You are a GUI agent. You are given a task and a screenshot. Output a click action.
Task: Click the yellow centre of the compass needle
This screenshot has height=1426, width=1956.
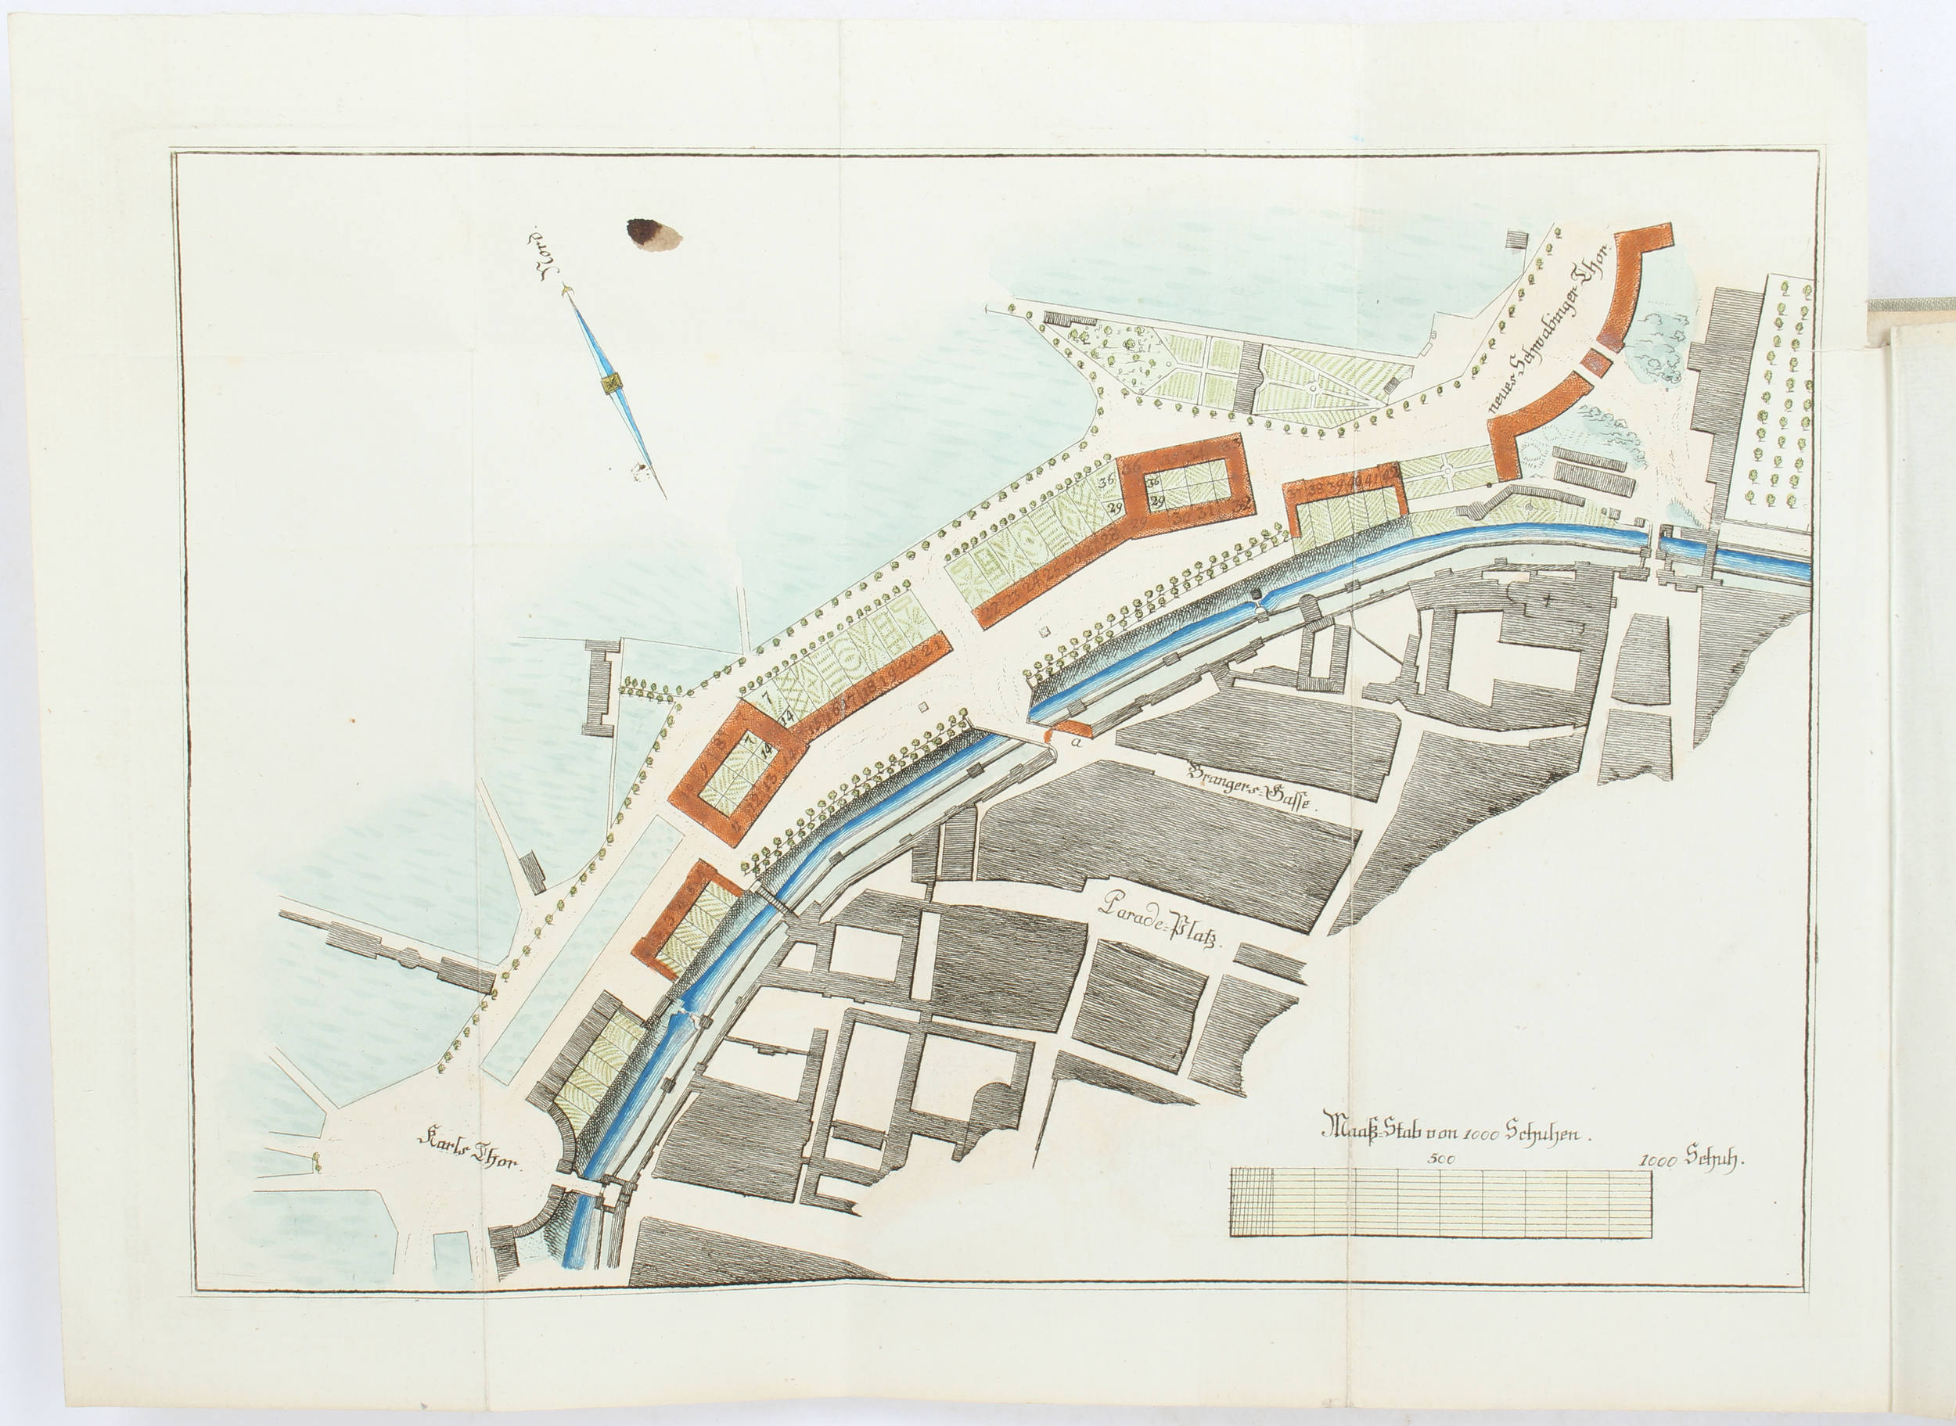click(x=612, y=383)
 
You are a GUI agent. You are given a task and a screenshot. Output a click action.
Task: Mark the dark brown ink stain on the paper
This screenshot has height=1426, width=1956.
click(x=653, y=233)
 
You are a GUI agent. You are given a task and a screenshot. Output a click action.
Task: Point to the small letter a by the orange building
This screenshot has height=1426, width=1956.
click(x=1076, y=740)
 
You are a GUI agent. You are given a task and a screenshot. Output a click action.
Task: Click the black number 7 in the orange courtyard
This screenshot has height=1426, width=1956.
click(x=764, y=734)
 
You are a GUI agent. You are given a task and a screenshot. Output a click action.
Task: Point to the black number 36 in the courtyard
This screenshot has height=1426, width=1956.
click(x=1153, y=483)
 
